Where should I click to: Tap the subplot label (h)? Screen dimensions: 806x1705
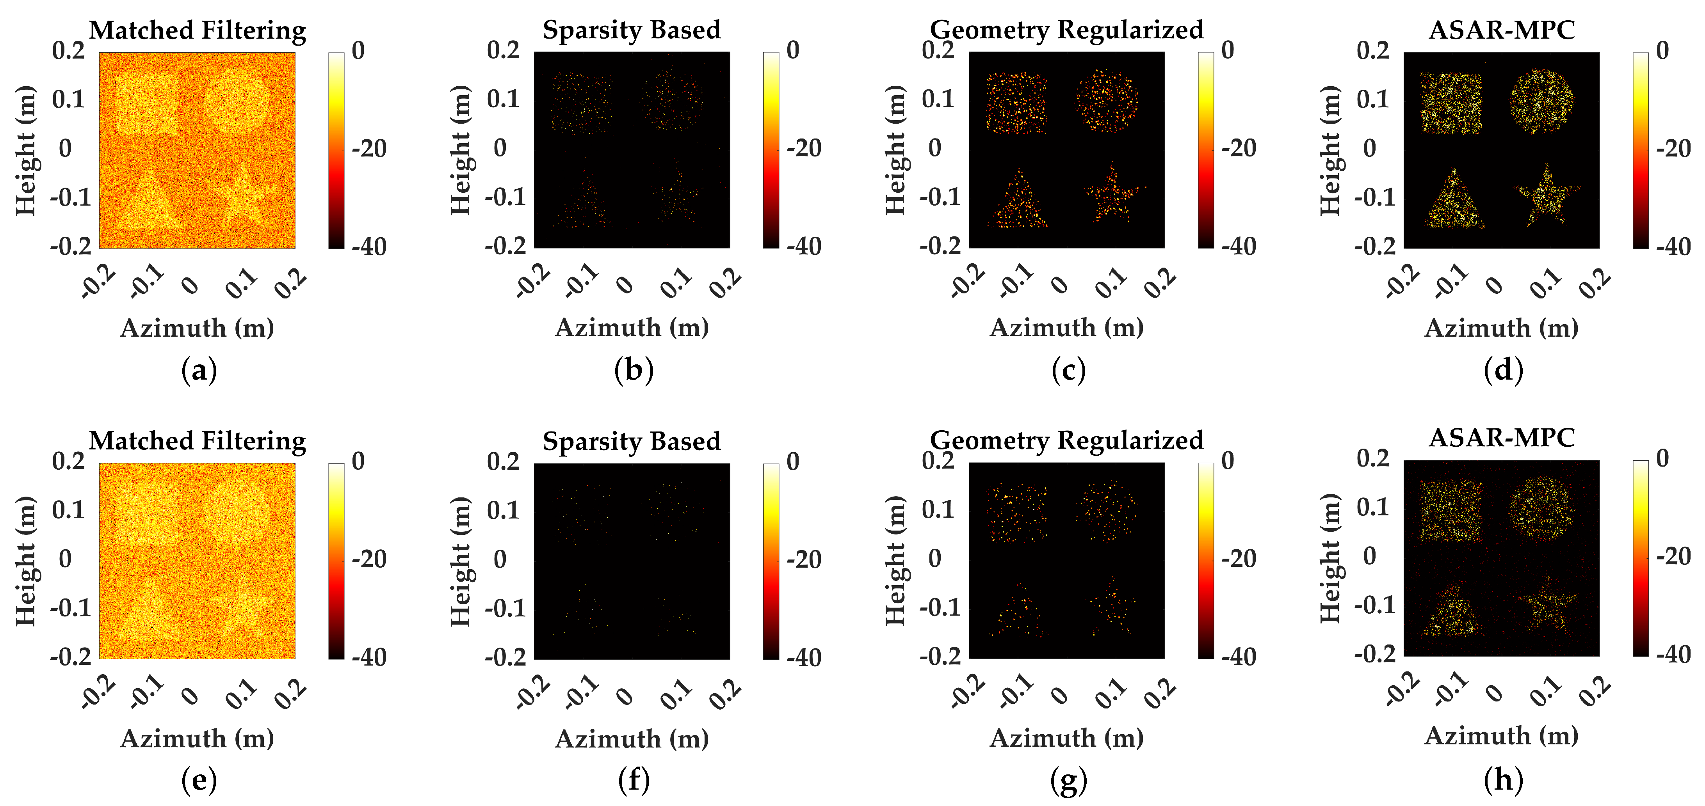(x=1503, y=779)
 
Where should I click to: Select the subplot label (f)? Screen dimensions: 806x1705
(x=634, y=779)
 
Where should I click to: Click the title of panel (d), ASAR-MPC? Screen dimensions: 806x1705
(x=1501, y=30)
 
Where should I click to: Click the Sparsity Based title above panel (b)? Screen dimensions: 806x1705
(x=632, y=30)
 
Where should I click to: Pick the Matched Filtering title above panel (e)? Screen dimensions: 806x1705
(x=197, y=441)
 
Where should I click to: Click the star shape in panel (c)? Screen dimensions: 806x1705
(x=1113, y=194)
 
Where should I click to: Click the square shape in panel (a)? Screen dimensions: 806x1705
(x=147, y=104)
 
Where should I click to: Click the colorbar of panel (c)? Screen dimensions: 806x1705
(x=1205, y=149)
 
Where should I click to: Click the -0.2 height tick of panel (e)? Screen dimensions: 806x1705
(x=70, y=657)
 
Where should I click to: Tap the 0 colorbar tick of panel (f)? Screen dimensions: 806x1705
(x=793, y=461)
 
